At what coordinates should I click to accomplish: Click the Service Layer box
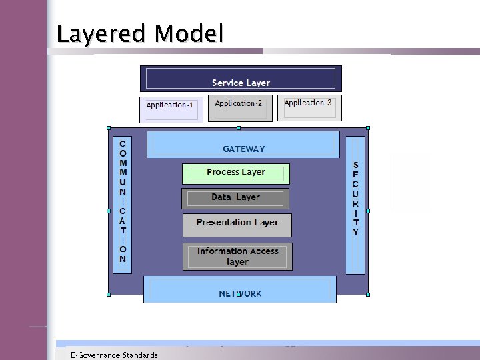241,79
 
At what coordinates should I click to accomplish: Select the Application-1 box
171,109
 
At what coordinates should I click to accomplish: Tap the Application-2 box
239,107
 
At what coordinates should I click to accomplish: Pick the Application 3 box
308,107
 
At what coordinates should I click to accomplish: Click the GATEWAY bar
243,145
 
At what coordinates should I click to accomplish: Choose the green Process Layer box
236,174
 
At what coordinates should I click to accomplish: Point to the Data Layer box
235,198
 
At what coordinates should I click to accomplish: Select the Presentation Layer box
237,225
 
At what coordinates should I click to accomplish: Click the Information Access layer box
237,257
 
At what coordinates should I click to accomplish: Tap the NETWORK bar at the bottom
240,290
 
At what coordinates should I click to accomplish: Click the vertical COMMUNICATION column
123,201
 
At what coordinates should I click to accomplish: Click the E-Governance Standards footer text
115,355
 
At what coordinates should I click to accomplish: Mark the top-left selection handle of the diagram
108,127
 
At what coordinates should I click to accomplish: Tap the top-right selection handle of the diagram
367,127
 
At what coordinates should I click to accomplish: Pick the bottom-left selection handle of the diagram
108,294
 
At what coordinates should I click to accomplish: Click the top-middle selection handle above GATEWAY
237,127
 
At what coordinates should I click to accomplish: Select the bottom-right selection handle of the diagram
367,294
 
